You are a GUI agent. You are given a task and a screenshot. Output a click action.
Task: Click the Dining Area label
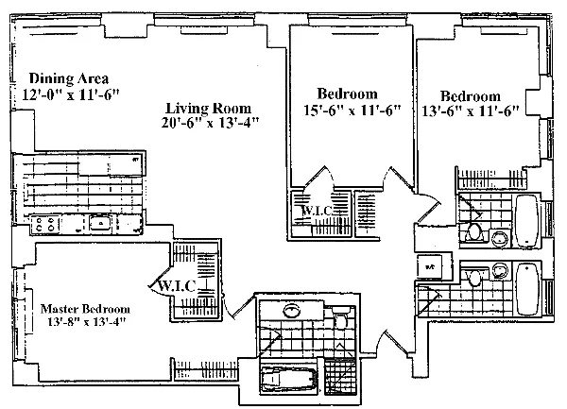(69, 77)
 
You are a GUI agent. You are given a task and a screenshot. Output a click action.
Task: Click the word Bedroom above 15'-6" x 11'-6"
(347, 94)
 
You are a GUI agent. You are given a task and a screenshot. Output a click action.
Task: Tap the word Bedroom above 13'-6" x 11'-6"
(471, 95)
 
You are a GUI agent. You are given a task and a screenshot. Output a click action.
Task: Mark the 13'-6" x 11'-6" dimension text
(474, 111)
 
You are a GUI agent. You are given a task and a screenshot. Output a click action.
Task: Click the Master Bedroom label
(85, 308)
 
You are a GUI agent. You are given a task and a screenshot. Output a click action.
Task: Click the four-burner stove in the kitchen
(45, 225)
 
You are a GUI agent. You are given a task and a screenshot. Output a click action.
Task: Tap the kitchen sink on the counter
(98, 224)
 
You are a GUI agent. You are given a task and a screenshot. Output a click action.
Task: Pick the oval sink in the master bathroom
(293, 310)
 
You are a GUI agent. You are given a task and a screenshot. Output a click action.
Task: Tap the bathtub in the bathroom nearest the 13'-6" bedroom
(526, 219)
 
